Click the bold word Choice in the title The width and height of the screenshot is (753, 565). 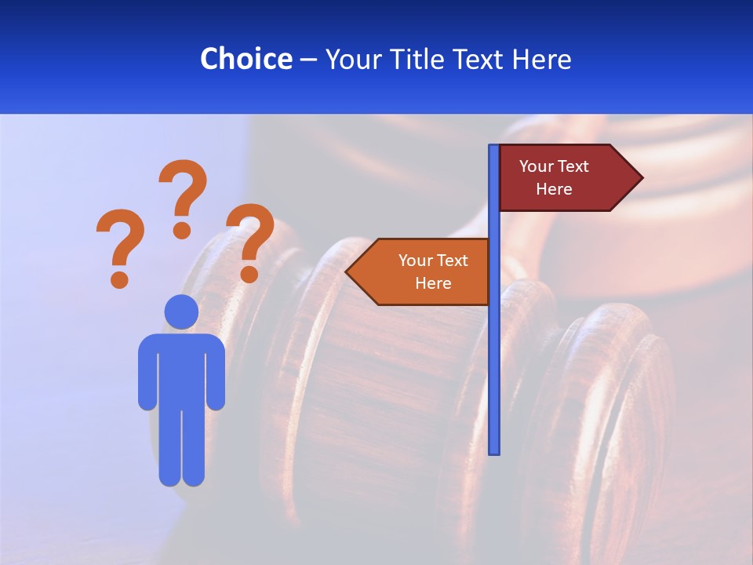[x=246, y=59]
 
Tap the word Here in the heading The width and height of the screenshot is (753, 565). [x=541, y=59]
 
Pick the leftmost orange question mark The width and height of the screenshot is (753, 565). [x=120, y=245]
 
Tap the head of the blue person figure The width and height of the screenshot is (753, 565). [x=181, y=312]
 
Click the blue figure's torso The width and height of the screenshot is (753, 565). [x=181, y=369]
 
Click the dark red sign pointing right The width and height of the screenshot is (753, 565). [x=561, y=178]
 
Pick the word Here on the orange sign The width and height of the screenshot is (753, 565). [x=433, y=283]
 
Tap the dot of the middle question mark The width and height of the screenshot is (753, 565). [x=182, y=230]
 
